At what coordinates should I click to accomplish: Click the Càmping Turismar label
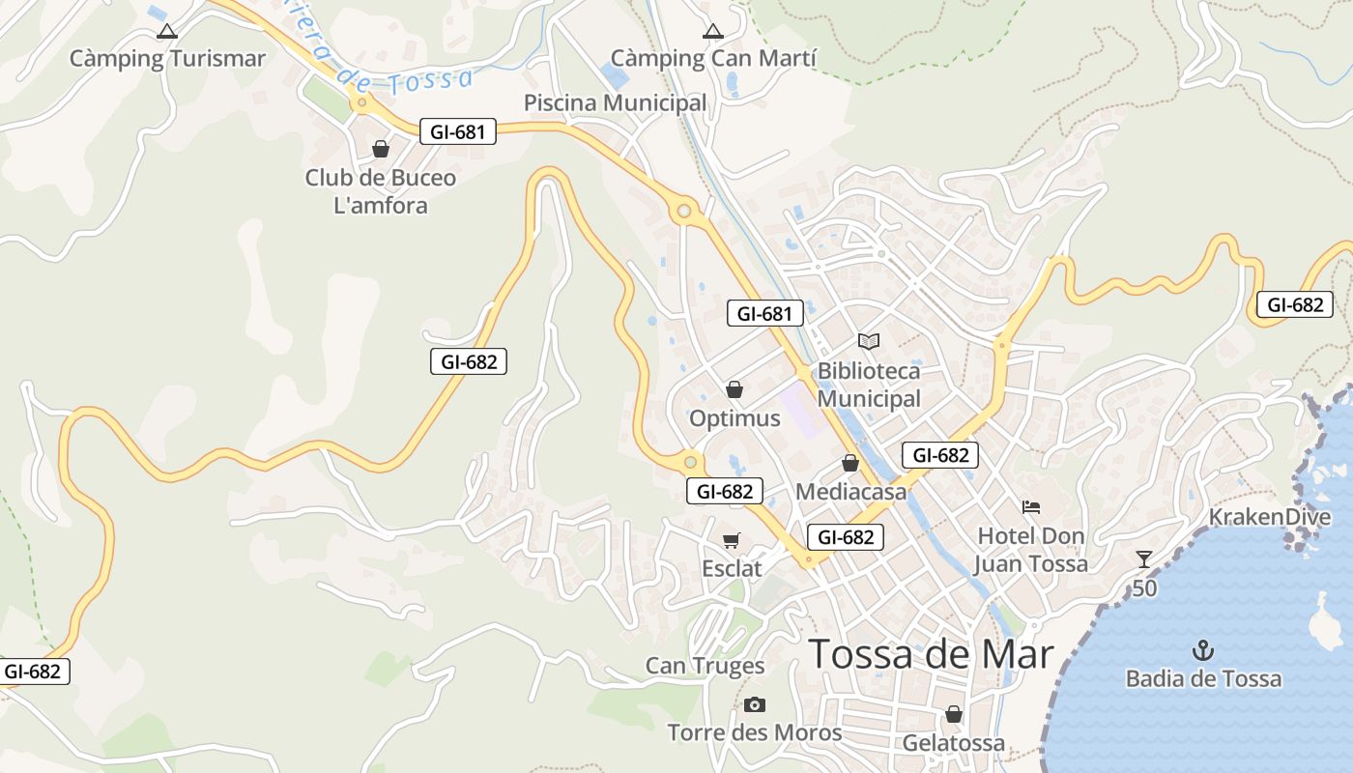(167, 59)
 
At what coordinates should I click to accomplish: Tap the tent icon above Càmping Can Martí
(713, 31)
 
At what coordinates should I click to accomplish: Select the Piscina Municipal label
(615, 103)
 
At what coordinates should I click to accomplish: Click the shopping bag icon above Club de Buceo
(381, 149)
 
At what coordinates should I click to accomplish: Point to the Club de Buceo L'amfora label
(381, 191)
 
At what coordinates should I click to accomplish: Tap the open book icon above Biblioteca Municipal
(869, 341)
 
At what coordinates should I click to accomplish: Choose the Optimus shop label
(734, 418)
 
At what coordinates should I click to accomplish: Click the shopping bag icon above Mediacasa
(850, 463)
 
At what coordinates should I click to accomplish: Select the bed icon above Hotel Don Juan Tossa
(1031, 506)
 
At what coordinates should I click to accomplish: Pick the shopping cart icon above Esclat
(732, 540)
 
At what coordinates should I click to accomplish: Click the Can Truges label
(705, 666)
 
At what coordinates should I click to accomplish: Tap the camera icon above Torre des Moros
(755, 704)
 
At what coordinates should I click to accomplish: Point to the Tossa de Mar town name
(931, 654)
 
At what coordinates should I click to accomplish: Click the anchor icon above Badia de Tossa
(1203, 649)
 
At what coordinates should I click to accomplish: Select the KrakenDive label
(1269, 517)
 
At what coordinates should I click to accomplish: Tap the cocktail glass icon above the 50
(1144, 558)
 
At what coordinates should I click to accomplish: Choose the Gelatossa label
(953, 743)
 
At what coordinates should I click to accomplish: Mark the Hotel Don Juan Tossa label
(1031, 550)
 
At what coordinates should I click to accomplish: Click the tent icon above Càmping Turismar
(167, 31)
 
